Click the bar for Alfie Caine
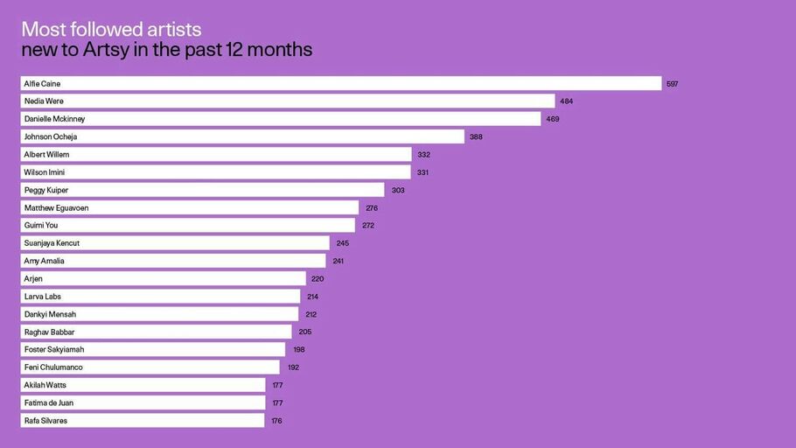(341, 83)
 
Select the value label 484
(567, 101)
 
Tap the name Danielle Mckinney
(54, 119)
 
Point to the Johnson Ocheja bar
(242, 136)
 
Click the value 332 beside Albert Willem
(423, 155)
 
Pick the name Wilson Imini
(45, 172)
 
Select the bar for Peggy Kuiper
(202, 190)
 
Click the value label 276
(372, 208)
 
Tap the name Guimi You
(41, 226)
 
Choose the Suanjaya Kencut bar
(175, 243)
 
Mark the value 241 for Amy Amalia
(339, 261)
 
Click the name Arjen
(33, 279)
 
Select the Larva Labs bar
(160, 297)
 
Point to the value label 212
(311, 314)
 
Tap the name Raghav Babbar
(49, 332)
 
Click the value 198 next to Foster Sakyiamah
(298, 350)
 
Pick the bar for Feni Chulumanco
(150, 367)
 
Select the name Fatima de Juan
(49, 403)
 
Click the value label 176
(276, 421)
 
